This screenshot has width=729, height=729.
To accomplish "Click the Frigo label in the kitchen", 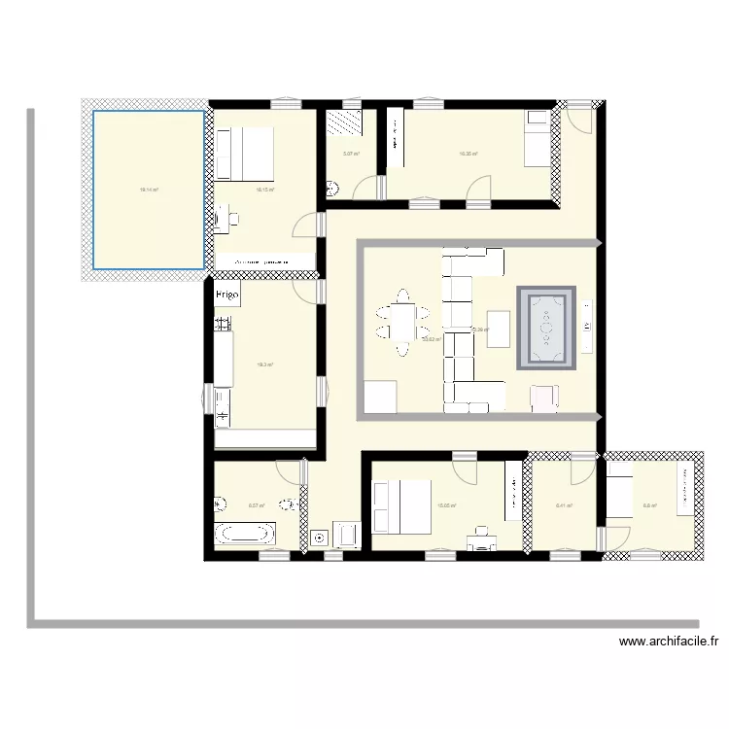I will tap(227, 294).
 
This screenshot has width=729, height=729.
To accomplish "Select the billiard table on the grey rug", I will tap(546, 328).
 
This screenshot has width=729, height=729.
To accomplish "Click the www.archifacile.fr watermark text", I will tap(669, 642).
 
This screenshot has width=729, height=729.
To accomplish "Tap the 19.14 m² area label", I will tap(149, 191).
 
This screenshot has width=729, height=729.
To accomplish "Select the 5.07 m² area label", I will tap(351, 154).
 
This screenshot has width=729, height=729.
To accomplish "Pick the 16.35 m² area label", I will tap(468, 154).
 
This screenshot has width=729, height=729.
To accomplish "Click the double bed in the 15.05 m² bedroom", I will tap(401, 506).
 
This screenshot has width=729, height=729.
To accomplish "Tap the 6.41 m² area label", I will tap(563, 505).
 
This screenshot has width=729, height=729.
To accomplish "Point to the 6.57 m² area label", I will tap(257, 504).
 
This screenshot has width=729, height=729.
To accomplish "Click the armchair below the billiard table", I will tap(544, 397).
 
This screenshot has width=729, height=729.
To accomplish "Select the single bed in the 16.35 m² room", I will tap(538, 139).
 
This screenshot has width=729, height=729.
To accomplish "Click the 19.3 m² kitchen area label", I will tap(264, 364).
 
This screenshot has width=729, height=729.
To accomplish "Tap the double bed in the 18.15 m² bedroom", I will tap(243, 154).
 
